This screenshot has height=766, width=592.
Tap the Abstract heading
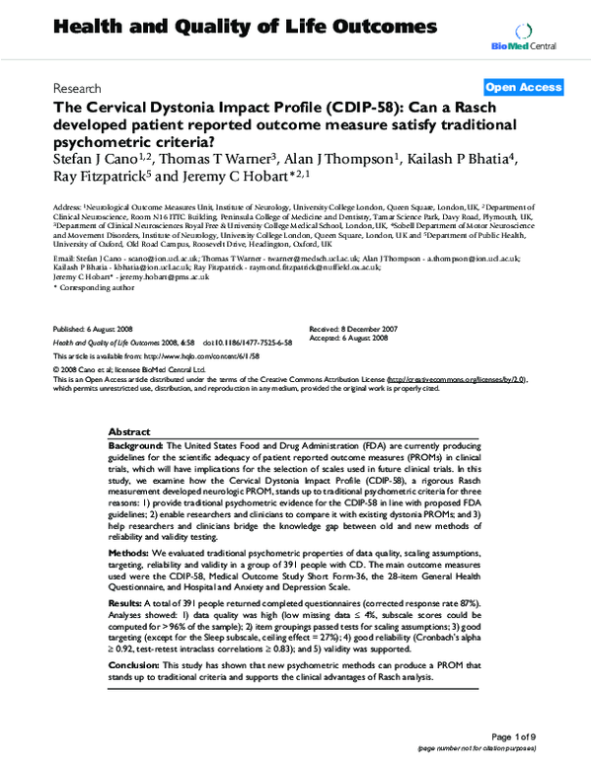click(x=129, y=432)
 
